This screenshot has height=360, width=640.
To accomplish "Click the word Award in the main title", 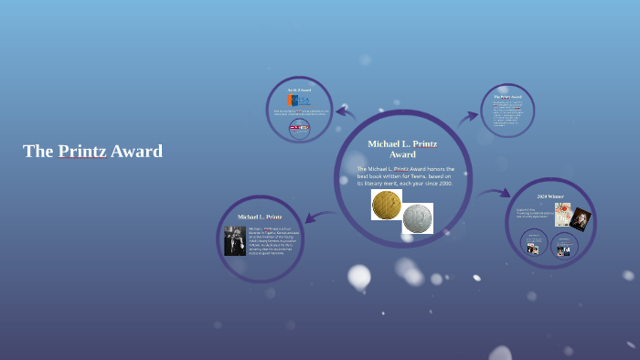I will point(136,152).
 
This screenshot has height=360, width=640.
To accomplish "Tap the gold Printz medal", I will point(386,205).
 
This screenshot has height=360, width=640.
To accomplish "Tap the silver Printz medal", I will point(418,218).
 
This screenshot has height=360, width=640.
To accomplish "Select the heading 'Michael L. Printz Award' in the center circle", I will point(402,149).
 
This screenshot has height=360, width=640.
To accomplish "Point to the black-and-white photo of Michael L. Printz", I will point(235,241).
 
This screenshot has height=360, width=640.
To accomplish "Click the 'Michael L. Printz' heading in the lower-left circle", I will point(260,217).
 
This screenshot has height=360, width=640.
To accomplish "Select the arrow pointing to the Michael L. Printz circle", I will point(315,217).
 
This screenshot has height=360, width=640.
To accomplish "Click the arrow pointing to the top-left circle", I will point(345,112).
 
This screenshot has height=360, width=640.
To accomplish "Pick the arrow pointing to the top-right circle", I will point(468,116).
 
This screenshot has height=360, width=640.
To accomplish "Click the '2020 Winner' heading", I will point(552,196).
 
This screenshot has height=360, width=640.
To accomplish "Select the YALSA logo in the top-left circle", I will point(299,100).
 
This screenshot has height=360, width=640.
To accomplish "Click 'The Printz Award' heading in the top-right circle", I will point(507,96).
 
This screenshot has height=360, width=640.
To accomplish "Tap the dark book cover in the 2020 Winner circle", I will point(581,219).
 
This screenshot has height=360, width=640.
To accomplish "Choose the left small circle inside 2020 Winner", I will point(533,244).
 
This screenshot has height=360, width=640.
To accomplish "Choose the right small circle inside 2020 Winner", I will point(563,245).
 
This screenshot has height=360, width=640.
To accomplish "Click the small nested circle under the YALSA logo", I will point(299,128).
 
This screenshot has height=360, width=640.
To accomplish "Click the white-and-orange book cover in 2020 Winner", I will point(562,214).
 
